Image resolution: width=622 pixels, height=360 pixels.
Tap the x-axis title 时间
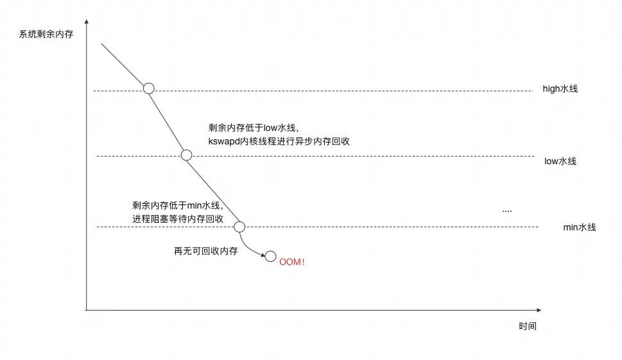point(527,327)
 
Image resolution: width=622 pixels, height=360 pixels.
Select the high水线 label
point(560,89)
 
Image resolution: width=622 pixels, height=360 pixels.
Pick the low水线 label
point(560,161)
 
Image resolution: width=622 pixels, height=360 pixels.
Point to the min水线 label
point(579,227)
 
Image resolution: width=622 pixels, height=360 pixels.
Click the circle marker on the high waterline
point(148,89)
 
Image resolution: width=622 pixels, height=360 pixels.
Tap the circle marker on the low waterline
point(186,155)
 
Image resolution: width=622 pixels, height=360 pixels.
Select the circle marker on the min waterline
point(239,227)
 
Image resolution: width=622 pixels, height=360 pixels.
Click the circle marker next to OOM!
point(271,256)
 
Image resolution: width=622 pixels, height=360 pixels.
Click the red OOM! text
point(292,261)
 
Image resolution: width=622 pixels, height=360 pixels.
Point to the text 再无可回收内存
point(205,252)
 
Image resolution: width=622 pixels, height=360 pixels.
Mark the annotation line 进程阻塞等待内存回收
point(178,219)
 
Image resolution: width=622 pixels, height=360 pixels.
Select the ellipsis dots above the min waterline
point(507,210)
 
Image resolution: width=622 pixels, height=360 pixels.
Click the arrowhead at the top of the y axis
point(87,23)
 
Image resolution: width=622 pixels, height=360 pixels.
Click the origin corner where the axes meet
point(87,310)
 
